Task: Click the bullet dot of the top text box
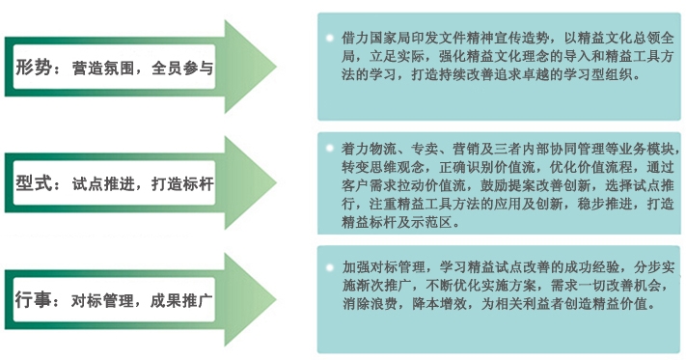coord(330,37)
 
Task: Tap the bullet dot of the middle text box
coord(330,150)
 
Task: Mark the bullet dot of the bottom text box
coord(330,264)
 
